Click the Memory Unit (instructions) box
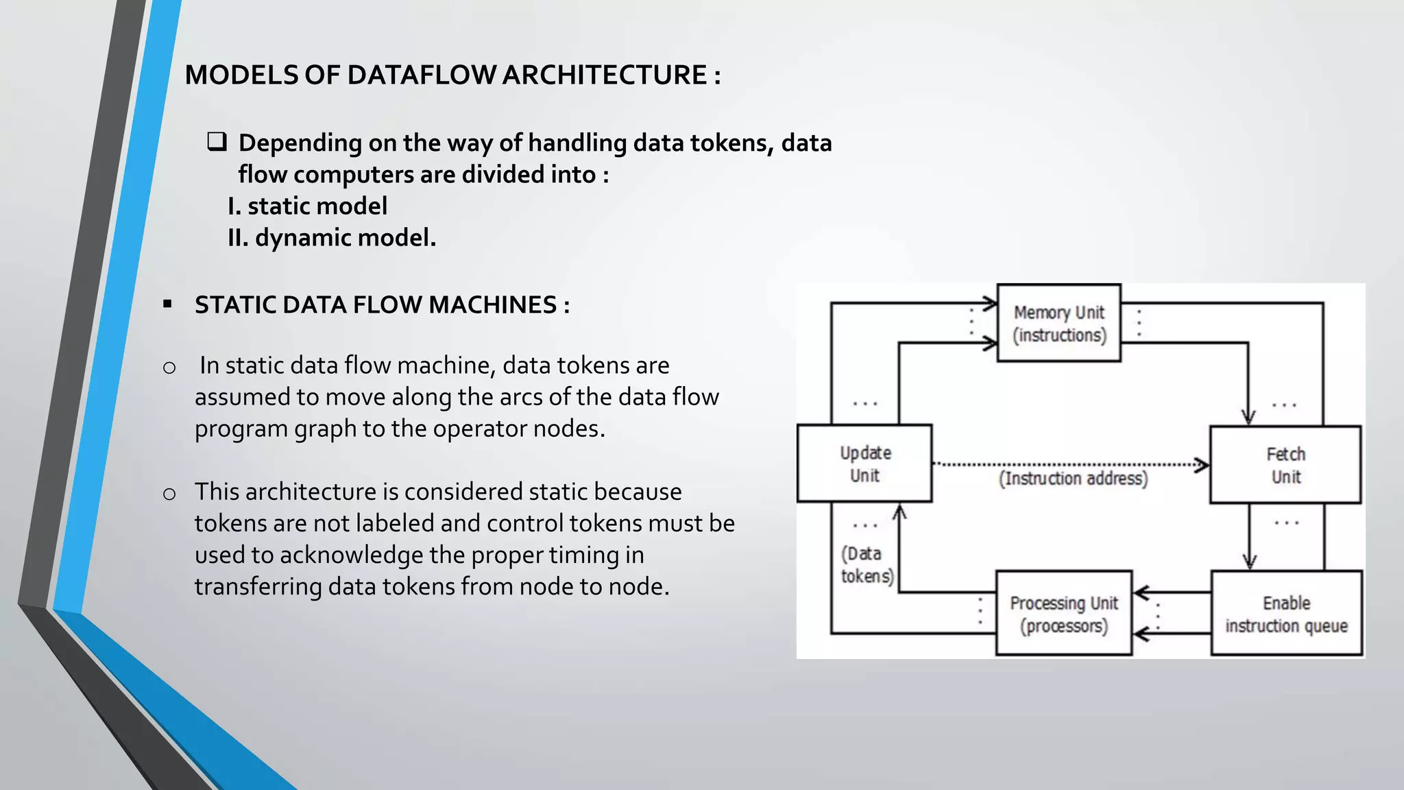1058,323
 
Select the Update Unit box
864,464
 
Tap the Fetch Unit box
1285,465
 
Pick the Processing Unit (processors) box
1063,614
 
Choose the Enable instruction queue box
1286,614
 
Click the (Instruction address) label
1073,478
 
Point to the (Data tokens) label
867,564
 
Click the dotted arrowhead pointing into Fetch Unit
1201,465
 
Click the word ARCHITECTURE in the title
605,75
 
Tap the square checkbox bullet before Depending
217,142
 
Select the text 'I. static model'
307,206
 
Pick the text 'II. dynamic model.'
332,237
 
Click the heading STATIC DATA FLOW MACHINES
382,304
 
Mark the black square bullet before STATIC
167,304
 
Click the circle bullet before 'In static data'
169,368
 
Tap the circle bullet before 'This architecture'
169,494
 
